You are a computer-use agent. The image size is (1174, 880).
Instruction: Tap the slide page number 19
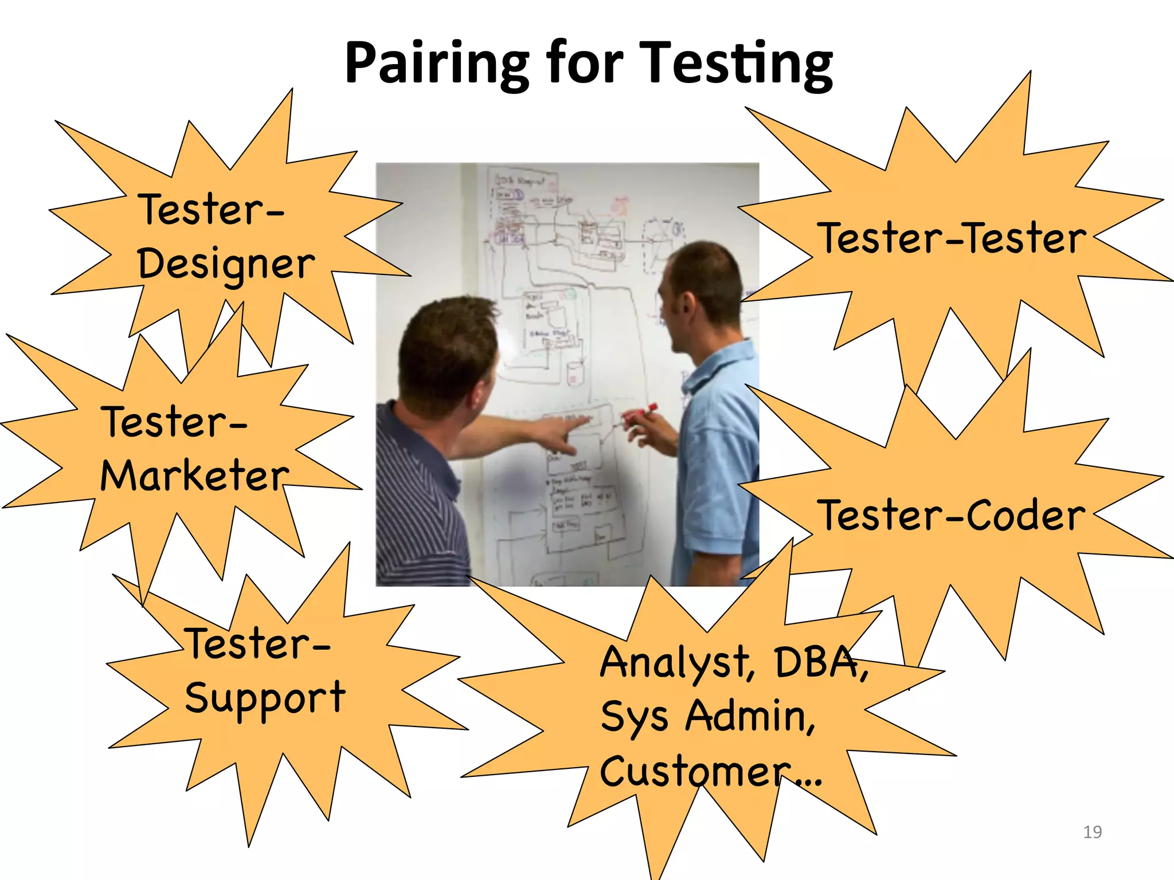[x=1093, y=832]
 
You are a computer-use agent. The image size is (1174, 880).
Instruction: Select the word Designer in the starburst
[x=226, y=265]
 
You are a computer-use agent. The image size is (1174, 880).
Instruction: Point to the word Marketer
[x=195, y=476]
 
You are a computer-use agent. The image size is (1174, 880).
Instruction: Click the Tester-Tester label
[x=952, y=238]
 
